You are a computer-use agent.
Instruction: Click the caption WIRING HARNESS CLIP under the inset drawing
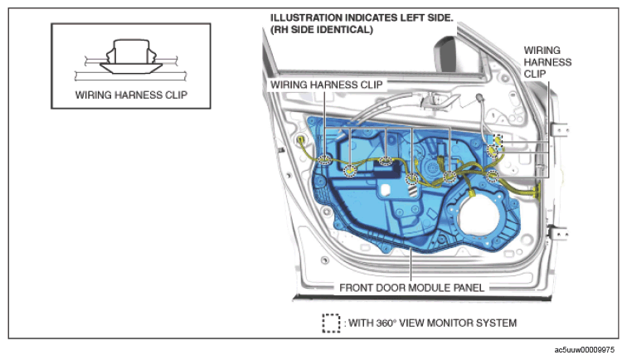131,95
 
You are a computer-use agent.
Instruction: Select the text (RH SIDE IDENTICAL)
322,30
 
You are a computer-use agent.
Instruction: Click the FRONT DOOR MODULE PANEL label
411,288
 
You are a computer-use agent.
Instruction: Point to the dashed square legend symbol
331,324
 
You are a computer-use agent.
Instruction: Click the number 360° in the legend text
386,323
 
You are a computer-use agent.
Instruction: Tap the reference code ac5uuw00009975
584,350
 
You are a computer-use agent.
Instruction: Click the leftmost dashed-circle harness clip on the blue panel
325,159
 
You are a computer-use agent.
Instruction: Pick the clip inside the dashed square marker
498,140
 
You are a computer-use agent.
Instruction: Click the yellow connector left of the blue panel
301,140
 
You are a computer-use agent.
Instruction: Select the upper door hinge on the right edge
559,130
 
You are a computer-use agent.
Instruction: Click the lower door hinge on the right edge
558,232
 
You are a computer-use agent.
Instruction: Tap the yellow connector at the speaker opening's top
472,194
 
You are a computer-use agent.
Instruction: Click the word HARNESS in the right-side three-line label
547,62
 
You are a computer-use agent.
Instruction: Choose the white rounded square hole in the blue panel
386,190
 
